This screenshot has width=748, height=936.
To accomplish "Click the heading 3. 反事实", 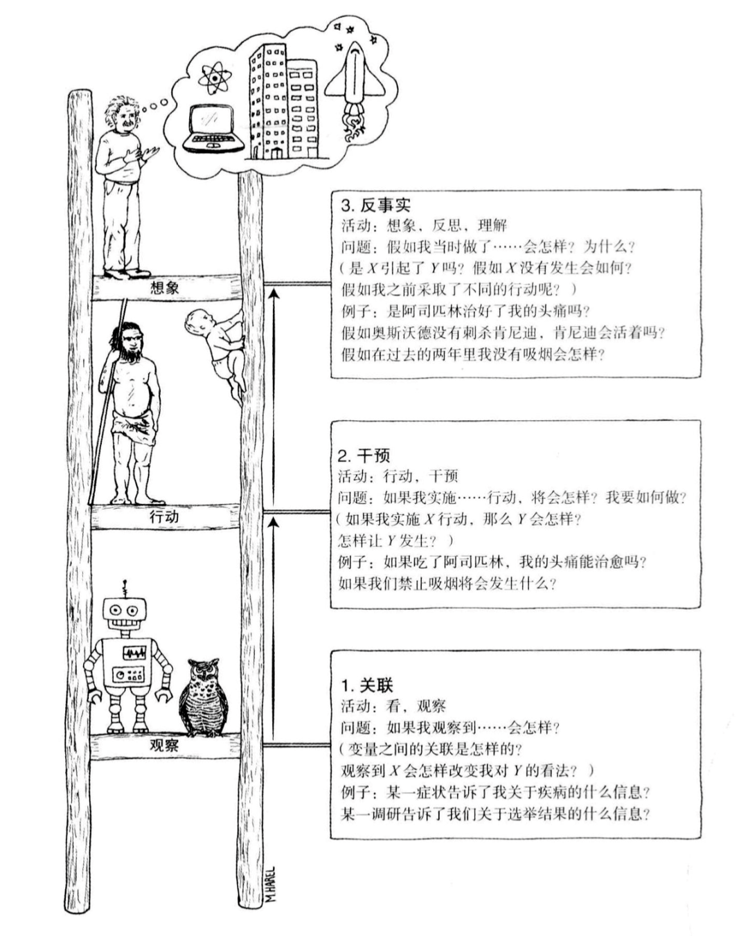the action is (x=376, y=205).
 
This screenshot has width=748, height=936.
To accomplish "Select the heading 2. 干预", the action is (x=364, y=456).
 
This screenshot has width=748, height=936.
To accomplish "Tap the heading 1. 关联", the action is (x=367, y=686).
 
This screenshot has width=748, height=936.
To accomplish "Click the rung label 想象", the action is (x=164, y=288).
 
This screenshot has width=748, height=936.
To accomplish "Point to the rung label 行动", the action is (x=164, y=516).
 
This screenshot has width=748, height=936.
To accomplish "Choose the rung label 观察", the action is (x=164, y=746).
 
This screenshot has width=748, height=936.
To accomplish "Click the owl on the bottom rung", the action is (x=204, y=697).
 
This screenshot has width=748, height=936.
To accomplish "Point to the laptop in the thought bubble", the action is (x=213, y=129).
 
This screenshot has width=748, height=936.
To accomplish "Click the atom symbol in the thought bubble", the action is (x=213, y=78).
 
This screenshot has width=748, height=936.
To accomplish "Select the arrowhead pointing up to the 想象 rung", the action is (x=274, y=296).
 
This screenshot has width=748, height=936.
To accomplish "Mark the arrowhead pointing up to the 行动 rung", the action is (x=273, y=523).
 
